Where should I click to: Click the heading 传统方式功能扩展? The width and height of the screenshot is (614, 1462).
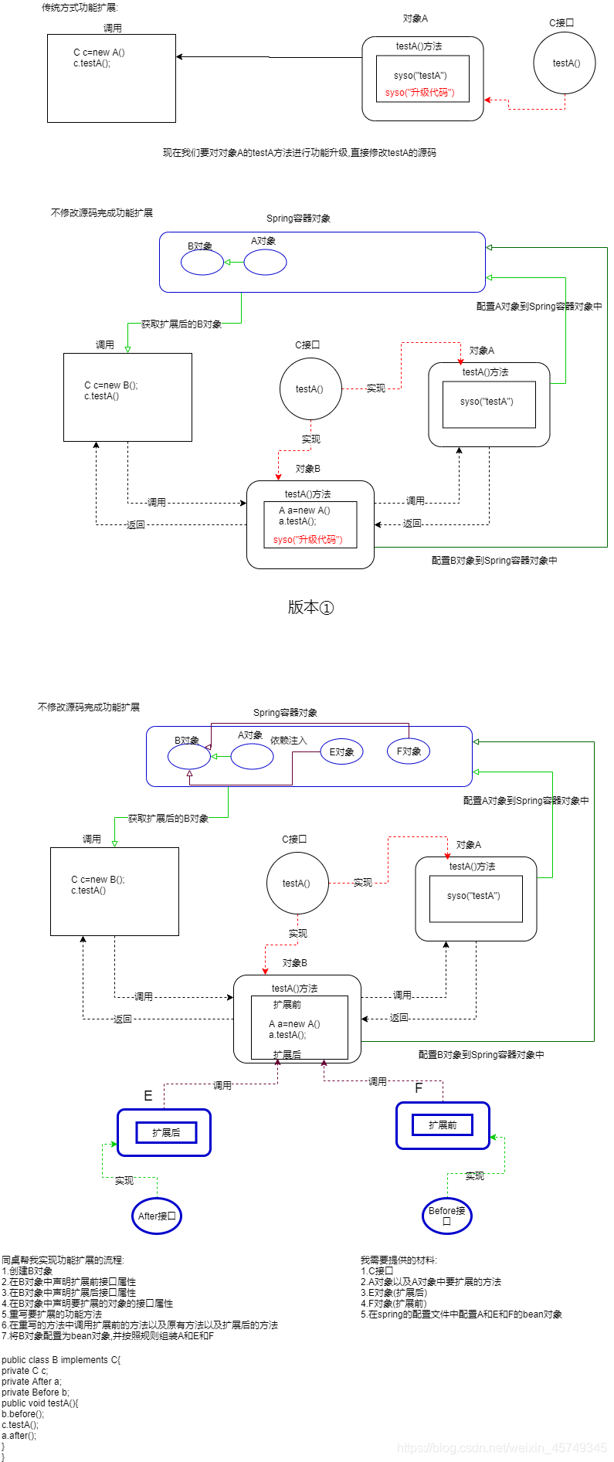coord(80,8)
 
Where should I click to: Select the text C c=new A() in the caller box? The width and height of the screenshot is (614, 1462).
coord(99,53)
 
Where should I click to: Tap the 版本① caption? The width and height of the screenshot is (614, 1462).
coord(310,608)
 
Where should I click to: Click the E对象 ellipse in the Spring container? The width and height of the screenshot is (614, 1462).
coord(341,752)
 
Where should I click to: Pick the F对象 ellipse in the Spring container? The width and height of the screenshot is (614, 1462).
coord(409,751)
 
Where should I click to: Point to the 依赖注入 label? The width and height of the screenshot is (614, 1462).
coord(289,741)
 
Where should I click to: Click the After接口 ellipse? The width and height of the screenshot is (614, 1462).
coord(157,1216)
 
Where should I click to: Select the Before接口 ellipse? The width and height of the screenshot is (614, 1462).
coord(446,1216)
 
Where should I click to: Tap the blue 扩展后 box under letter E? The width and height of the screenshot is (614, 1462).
coord(166,1133)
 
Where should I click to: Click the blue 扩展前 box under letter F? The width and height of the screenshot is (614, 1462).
coord(443,1125)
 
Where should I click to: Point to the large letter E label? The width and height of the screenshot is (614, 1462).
coord(148,1096)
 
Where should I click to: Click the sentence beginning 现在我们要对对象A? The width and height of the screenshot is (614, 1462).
coord(299,153)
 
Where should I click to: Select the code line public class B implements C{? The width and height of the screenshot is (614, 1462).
coord(61,1360)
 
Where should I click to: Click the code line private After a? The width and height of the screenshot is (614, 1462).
coord(31,1382)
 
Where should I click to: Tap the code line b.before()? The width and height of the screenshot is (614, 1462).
coord(23,1414)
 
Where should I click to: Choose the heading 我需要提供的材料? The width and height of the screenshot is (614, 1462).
coord(399,1260)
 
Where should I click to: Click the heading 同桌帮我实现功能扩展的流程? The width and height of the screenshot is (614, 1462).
coord(63,1260)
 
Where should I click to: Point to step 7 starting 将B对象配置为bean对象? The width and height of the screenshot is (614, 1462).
coord(107,1336)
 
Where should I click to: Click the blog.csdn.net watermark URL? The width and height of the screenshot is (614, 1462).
coord(502,1448)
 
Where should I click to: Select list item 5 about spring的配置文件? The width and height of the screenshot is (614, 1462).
coord(461,1314)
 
